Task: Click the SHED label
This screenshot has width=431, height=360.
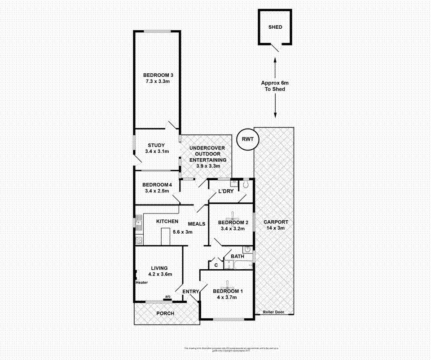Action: pos(275,27)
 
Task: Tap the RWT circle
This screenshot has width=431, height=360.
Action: pos(248,139)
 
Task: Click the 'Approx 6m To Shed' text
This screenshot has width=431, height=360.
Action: pos(275,86)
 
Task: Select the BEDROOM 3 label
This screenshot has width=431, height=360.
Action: pos(157,78)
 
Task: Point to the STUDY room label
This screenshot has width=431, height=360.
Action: pos(157,148)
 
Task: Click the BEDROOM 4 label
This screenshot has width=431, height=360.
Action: pos(157,188)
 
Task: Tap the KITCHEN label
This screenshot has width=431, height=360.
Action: pos(167,222)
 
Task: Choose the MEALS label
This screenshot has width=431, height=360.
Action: pos(197,224)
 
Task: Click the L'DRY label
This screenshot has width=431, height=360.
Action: pos(226,191)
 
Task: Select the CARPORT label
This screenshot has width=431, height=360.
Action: pos(276,225)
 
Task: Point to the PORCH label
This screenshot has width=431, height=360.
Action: pos(165,313)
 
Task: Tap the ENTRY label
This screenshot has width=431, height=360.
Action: pos(190,292)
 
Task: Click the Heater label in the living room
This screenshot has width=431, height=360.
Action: pos(142,282)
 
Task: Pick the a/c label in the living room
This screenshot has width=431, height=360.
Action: pos(167,297)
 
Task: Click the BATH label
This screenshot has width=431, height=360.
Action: pos(237,257)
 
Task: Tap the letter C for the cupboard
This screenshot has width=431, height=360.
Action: pos(216,265)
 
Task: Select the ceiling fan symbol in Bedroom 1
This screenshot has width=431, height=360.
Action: pos(229,284)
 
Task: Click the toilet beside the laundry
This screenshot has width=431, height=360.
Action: pos(246,185)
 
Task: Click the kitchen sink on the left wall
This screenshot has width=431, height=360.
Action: pos(139,222)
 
